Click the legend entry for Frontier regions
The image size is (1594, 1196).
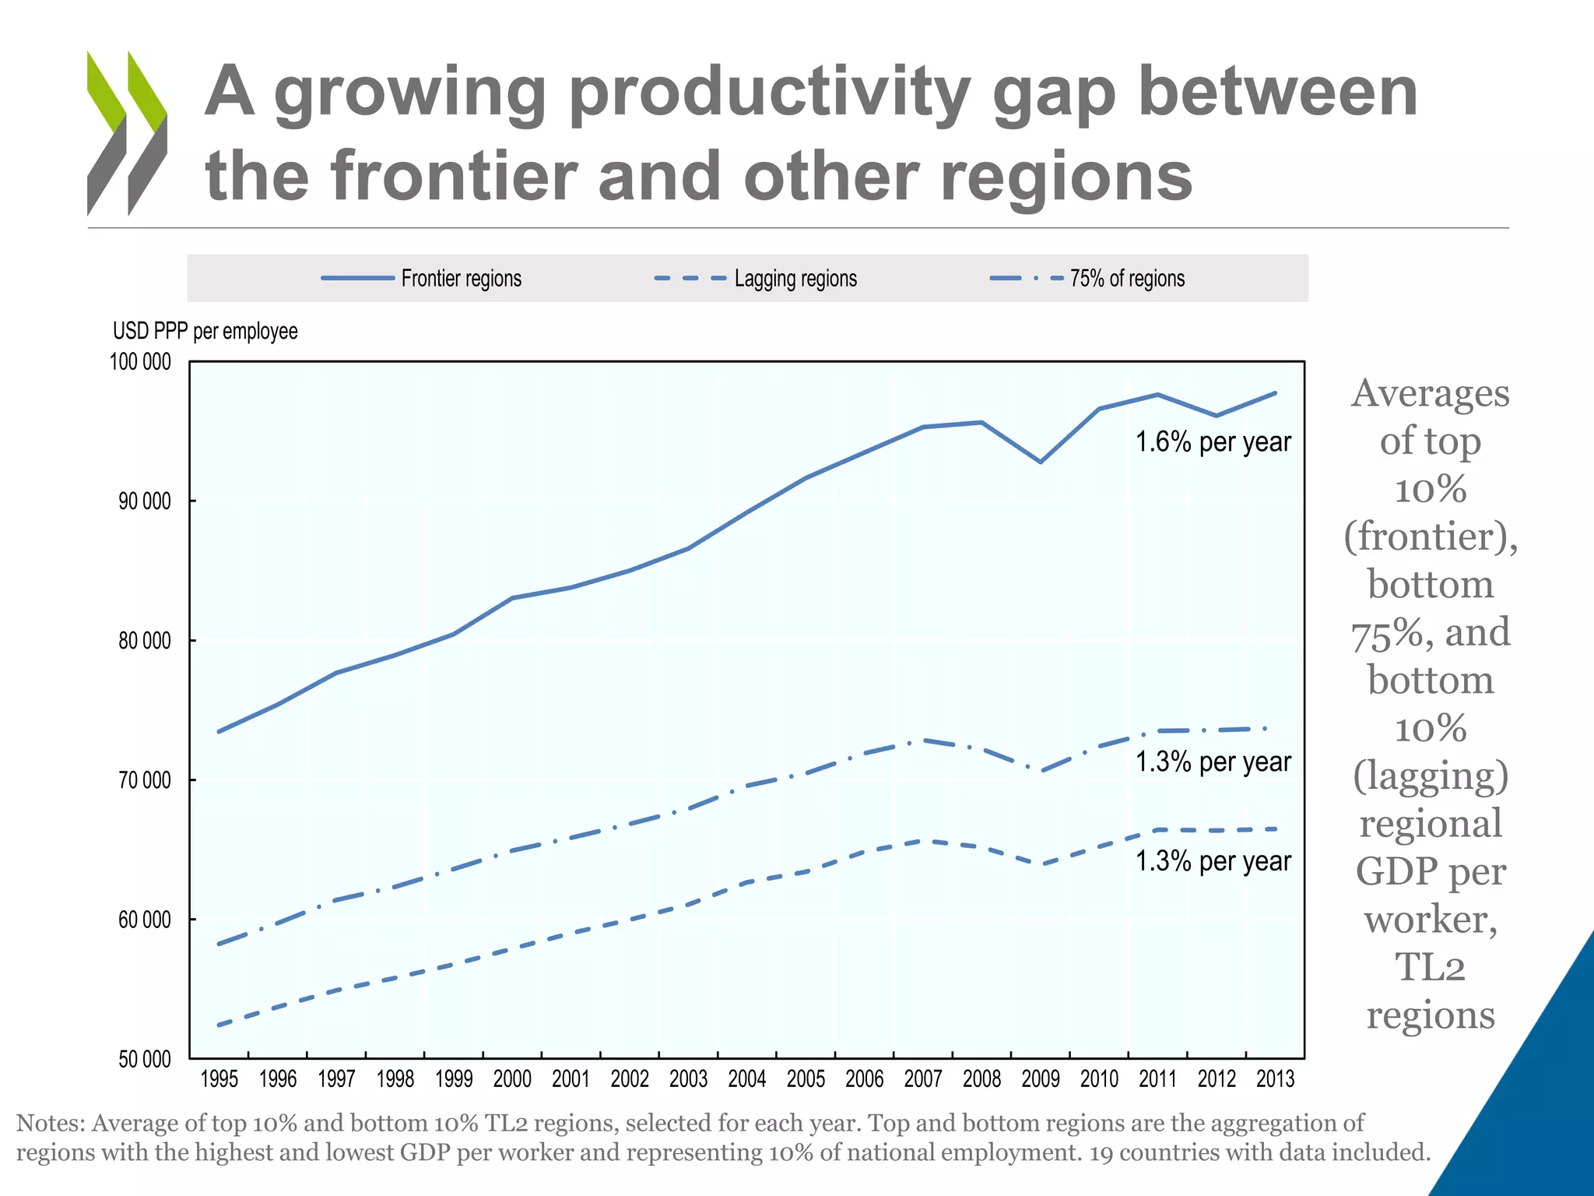pos(461,279)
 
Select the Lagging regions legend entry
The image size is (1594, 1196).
pos(795,279)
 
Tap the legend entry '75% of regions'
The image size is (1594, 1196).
pos(1126,279)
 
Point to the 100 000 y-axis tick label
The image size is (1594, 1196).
pos(140,362)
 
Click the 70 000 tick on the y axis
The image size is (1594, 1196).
pos(144,780)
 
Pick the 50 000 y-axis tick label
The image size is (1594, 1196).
pos(144,1059)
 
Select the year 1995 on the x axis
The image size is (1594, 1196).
pos(219,1079)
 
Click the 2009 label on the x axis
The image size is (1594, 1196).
pos(1041,1079)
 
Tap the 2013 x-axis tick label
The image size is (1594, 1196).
pos(1275,1079)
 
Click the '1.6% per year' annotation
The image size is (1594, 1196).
pos(1213,442)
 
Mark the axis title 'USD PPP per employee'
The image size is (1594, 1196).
pos(205,332)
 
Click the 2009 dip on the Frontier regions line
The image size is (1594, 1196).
pos(1041,462)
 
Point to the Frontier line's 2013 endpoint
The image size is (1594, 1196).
pos(1275,393)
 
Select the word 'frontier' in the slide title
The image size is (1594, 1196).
pos(455,176)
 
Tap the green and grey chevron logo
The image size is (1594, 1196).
pos(127,132)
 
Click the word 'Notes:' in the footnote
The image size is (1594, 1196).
pos(51,1123)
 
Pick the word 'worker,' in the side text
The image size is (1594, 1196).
pos(1431,920)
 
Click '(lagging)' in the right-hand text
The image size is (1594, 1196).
pos(1431,776)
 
